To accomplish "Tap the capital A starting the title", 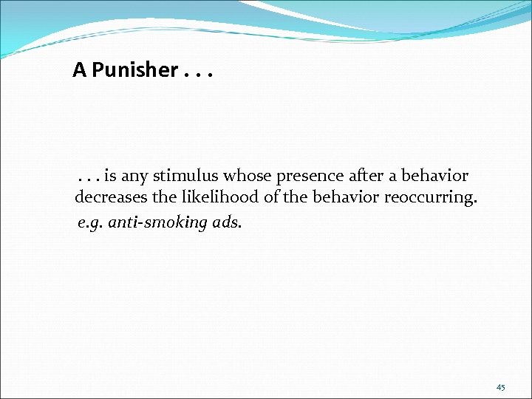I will [x=79, y=70].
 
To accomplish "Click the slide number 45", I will [x=500, y=388].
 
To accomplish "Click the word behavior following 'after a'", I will [x=438, y=177].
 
